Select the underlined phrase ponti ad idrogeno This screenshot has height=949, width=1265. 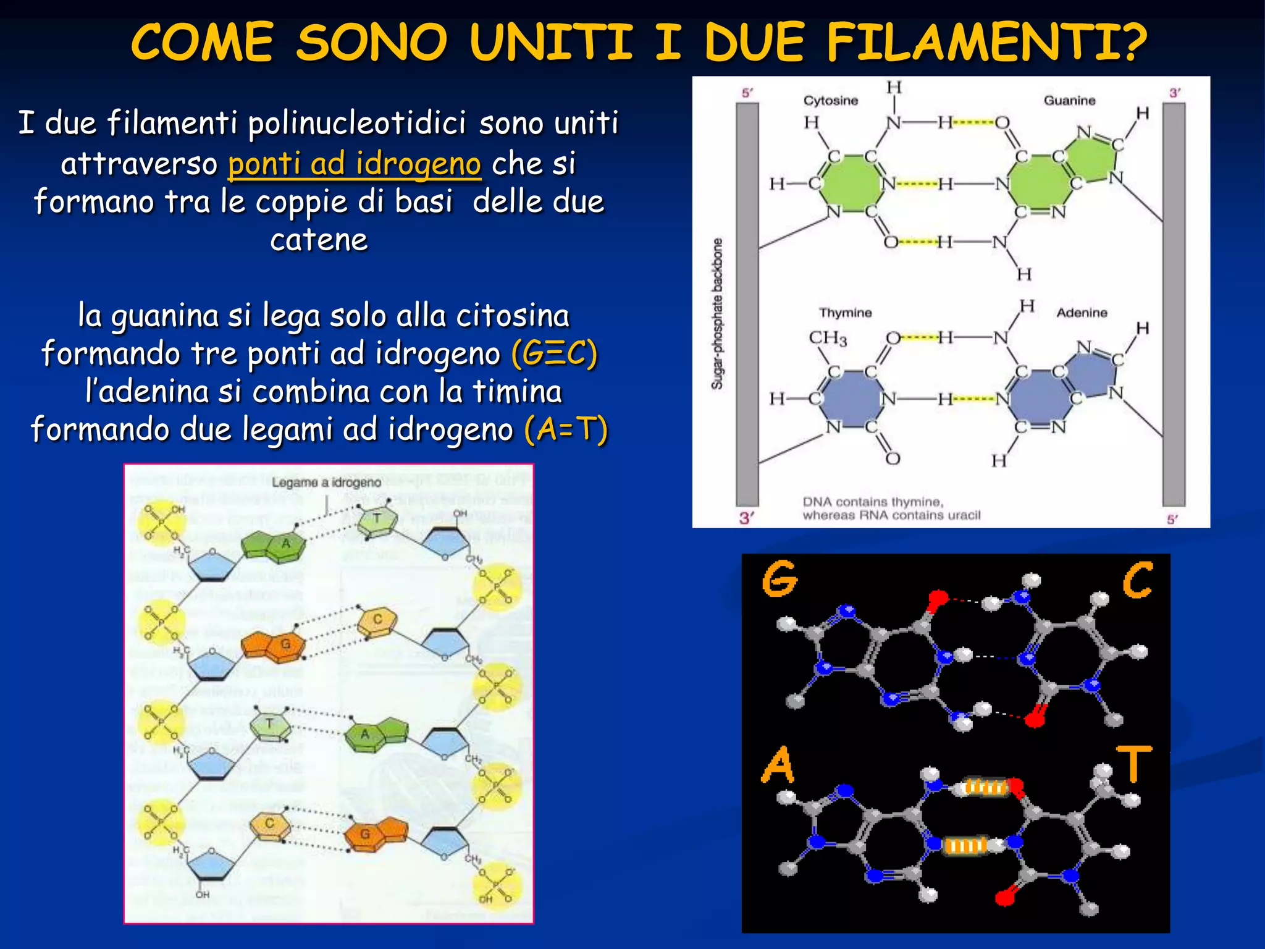tap(354, 164)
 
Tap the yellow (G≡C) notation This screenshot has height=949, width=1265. tap(554, 354)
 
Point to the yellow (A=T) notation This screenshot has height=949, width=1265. tap(566, 429)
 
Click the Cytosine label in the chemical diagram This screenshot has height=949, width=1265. tap(830, 100)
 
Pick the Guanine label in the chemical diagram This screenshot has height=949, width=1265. tap(1069, 100)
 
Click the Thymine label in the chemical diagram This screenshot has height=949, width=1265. tap(845, 313)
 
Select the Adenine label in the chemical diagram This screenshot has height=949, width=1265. tap(1082, 313)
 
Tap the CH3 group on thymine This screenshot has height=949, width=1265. tap(828, 338)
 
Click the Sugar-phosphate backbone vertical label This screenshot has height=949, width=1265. tap(717, 313)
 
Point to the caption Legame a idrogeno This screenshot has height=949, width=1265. tap(326, 482)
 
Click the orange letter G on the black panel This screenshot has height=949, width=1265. tap(780, 578)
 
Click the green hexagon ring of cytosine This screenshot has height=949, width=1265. tap(851, 183)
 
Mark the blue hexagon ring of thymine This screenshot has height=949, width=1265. tap(851, 399)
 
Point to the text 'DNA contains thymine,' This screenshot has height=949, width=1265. tap(872, 502)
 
